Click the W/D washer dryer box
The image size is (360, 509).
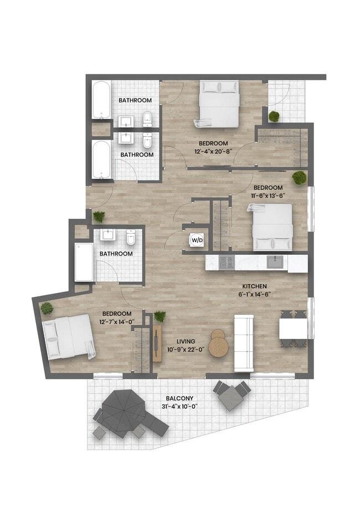tap(196, 240)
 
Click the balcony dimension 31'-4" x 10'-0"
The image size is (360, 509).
tap(182, 406)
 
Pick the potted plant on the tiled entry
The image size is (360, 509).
tap(274, 116)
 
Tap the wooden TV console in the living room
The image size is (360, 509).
tap(158, 343)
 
